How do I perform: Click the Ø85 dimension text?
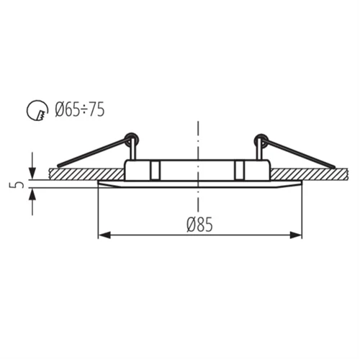point(199,225)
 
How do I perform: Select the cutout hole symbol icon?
point(35,112)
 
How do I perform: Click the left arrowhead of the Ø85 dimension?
point(103,235)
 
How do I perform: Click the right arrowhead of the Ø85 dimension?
point(297,235)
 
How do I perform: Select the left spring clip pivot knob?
point(130,137)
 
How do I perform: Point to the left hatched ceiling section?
point(79,174)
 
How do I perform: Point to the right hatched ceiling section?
point(310,174)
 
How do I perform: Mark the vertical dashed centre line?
point(197,144)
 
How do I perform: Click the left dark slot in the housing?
point(153,171)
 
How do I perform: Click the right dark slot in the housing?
point(240,171)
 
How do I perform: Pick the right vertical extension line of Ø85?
point(302,212)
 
